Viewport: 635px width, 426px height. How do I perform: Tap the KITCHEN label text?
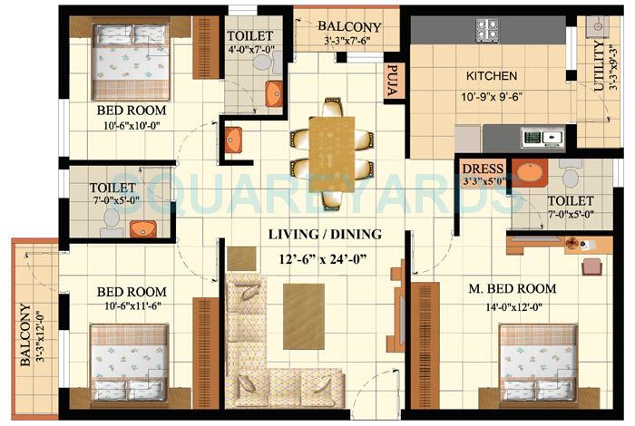click(x=492, y=76)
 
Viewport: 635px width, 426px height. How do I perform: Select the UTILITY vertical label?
click(x=599, y=68)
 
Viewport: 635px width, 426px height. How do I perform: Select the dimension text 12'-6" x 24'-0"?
click(x=324, y=259)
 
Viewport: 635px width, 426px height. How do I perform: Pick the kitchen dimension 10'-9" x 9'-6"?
click(x=493, y=96)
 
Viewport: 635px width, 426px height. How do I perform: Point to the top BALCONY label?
click(x=348, y=27)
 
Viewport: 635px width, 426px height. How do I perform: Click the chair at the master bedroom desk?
click(x=591, y=266)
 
